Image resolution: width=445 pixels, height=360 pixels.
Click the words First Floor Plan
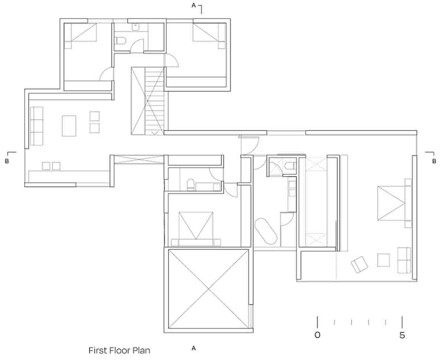(x=119, y=351)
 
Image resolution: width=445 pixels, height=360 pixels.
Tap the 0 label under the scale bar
(x=317, y=335)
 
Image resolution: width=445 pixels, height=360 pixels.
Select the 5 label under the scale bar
(x=402, y=335)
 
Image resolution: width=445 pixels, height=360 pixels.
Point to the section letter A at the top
(x=194, y=6)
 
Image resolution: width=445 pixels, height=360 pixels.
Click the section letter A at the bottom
(x=194, y=348)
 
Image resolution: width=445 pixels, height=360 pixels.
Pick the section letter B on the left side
(x=7, y=161)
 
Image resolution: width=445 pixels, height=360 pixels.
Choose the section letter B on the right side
(x=434, y=161)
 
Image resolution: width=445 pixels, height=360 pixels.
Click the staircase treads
(x=154, y=101)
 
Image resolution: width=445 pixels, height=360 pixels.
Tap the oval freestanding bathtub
(x=266, y=231)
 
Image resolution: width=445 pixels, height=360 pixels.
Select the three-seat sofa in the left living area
(x=37, y=126)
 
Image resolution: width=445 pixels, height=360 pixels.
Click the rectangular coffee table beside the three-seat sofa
(x=69, y=126)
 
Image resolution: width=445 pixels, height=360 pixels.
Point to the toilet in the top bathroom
(x=120, y=40)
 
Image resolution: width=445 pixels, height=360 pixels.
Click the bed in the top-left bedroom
(x=80, y=32)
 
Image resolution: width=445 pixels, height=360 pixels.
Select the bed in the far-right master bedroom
(x=394, y=203)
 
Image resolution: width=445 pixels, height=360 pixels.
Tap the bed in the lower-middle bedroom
(x=196, y=229)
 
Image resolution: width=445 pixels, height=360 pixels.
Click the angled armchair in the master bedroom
(x=359, y=265)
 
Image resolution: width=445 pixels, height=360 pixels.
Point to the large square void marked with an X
(x=208, y=289)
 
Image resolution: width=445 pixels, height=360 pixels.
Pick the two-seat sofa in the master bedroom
(x=404, y=260)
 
